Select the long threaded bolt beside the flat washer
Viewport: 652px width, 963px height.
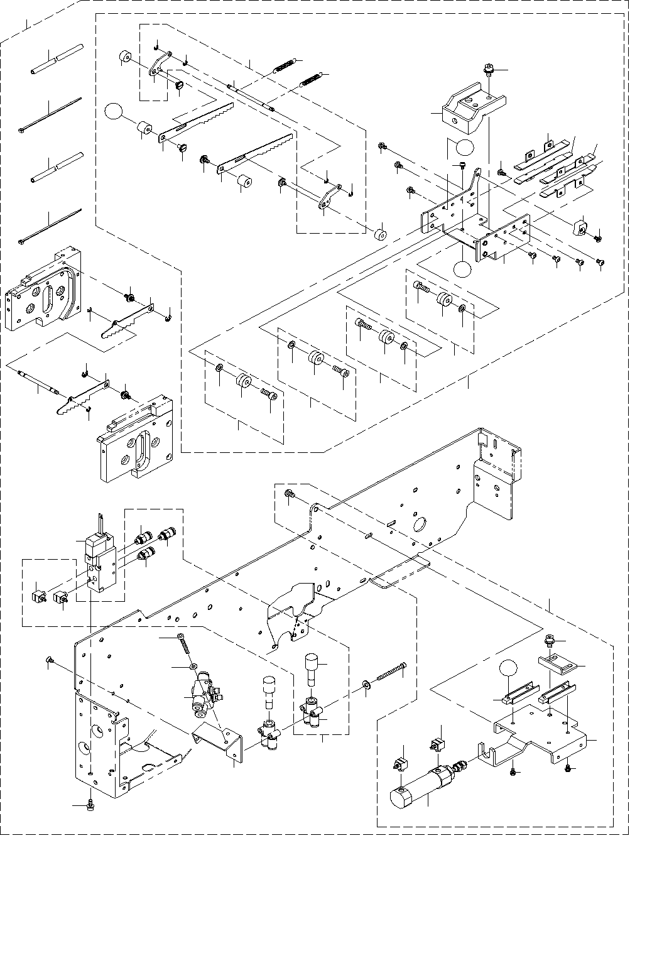tap(392, 674)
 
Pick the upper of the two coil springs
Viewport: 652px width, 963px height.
tap(286, 64)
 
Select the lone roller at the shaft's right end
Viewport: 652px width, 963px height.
tap(379, 234)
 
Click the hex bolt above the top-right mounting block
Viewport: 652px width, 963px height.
tap(489, 68)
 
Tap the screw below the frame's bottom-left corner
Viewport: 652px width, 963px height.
tap(89, 805)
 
